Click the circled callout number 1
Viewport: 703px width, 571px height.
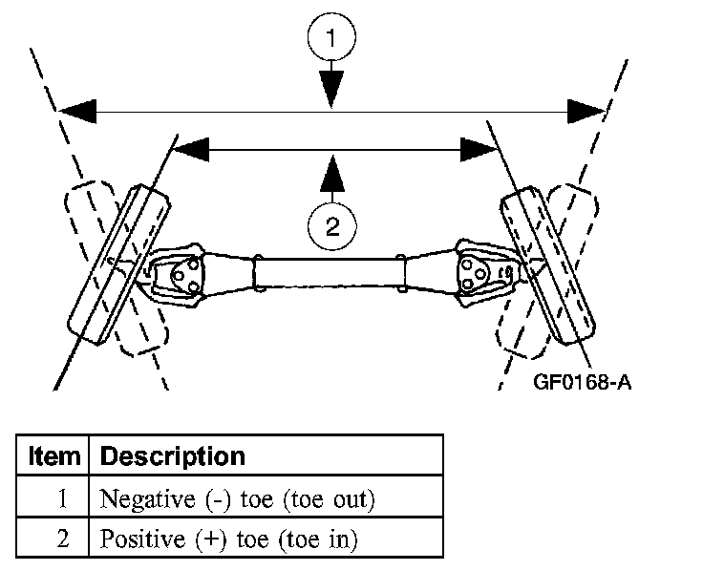tap(331, 36)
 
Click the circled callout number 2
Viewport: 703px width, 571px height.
tap(332, 226)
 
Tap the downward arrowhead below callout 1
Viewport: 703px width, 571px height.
tap(331, 89)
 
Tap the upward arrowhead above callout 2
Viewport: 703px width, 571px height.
tap(332, 173)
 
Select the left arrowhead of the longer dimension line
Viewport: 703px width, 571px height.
tap(78, 111)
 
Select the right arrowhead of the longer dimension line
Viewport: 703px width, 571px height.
tap(586, 111)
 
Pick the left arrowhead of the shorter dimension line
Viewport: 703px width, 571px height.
tap(191, 150)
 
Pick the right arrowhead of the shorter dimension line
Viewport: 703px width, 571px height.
tap(479, 150)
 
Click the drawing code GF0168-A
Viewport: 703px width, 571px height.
tap(582, 382)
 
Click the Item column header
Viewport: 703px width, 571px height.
tap(53, 456)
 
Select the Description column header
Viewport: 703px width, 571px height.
tap(173, 456)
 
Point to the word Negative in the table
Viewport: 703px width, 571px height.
tap(147, 498)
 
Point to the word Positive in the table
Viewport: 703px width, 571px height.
tap(142, 539)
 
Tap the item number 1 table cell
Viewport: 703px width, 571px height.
tap(62, 497)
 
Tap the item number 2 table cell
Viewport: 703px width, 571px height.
tap(63, 538)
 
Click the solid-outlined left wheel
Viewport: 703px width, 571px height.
tap(118, 264)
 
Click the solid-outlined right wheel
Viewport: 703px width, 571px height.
tap(547, 265)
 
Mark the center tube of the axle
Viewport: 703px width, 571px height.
tap(330, 273)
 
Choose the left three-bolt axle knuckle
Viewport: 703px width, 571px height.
tap(176, 275)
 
